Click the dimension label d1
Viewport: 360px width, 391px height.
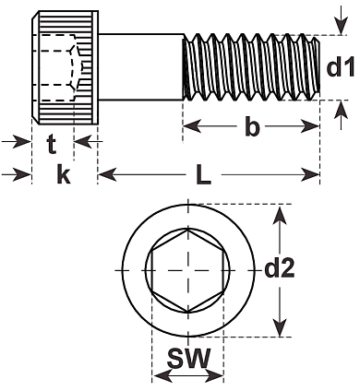pyautogui.click(x=341, y=68)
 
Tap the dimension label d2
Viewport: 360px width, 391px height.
pyautogui.click(x=280, y=269)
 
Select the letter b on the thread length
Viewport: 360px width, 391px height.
pyautogui.click(x=252, y=126)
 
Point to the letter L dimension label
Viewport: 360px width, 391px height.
pyautogui.click(x=204, y=175)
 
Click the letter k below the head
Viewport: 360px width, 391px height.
pyautogui.click(x=64, y=174)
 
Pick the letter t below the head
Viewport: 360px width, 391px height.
pyautogui.click(x=52, y=145)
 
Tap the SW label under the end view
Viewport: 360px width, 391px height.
pyautogui.click(x=188, y=358)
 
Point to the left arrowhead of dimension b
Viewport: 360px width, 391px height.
pyautogui.click(x=192, y=126)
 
